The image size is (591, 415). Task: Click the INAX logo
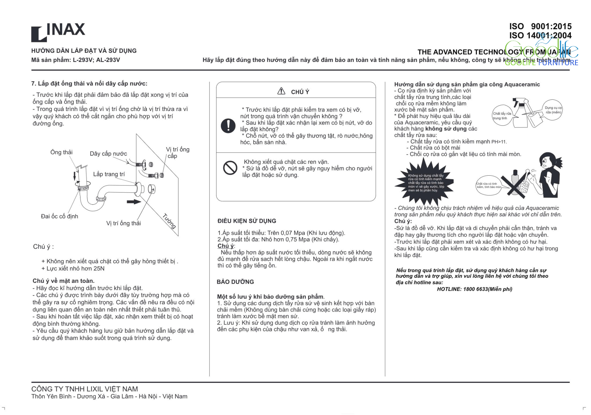coord(58,32)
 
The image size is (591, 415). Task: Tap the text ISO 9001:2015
coord(540,26)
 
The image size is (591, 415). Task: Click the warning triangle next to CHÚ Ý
coord(281,91)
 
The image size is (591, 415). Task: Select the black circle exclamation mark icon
coord(228,126)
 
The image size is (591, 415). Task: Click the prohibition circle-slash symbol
coord(230,168)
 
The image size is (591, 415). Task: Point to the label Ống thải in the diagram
coord(61,152)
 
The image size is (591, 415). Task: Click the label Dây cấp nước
coord(108,154)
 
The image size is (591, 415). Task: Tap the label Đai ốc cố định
coord(59,216)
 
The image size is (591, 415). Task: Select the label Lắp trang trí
coord(109,174)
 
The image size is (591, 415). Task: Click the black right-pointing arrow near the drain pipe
coord(134,202)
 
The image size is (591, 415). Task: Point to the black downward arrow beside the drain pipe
coord(75,176)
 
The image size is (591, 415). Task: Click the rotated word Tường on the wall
coord(169,221)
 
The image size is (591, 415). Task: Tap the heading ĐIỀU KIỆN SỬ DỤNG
coord(247,221)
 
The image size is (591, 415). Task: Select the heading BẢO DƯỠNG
coord(235,282)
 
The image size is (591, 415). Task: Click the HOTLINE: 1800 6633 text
coord(475,289)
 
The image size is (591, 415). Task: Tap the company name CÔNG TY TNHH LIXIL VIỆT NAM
coord(85,389)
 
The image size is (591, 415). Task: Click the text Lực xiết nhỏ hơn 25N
coord(75,269)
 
